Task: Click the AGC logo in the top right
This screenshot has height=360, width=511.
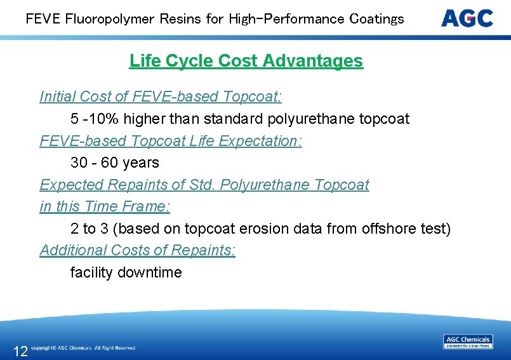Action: [x=467, y=18]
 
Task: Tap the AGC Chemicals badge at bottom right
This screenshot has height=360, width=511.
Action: [x=468, y=342]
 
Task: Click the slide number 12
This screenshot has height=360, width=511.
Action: [x=20, y=351]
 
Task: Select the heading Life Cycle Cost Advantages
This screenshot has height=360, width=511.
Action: [x=246, y=61]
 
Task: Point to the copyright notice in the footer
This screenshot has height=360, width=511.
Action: [x=83, y=348]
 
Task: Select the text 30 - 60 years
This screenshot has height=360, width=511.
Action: [x=115, y=163]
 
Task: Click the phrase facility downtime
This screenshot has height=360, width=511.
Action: [x=126, y=272]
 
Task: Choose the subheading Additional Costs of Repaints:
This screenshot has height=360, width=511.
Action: [x=138, y=250]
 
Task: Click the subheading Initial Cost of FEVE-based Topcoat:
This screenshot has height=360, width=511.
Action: [x=161, y=97]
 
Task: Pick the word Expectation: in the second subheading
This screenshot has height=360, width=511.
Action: [x=260, y=141]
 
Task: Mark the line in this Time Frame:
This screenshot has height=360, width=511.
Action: [x=105, y=206]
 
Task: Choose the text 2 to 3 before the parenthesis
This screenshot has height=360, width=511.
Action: [x=89, y=229]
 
